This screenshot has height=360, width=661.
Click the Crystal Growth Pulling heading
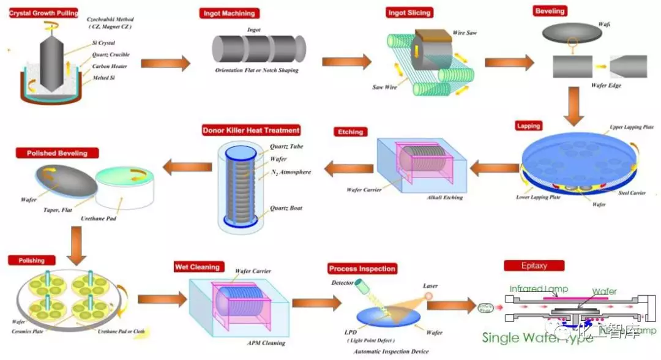coord(43,12)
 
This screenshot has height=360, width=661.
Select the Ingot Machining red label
coord(228,13)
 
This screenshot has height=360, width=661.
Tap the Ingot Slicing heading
coord(409,12)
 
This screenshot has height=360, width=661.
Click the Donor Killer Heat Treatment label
coord(251,130)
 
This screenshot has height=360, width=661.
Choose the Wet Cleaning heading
coord(197,267)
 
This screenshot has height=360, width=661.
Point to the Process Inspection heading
coord(362,269)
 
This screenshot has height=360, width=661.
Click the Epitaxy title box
coord(534,266)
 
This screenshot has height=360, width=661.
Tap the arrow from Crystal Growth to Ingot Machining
coord(165,63)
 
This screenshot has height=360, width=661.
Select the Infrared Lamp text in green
coord(539,289)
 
